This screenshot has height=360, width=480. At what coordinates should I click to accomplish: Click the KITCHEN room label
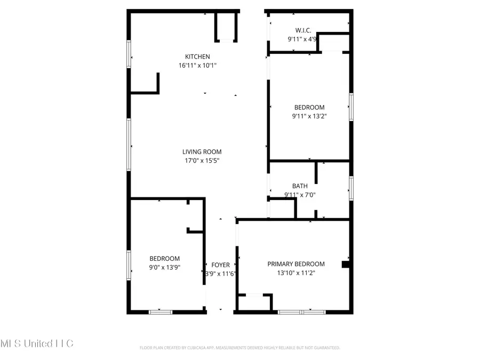click(197, 57)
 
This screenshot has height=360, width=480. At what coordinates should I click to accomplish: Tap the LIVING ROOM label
click(202, 151)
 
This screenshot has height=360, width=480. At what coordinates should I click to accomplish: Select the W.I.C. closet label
click(303, 30)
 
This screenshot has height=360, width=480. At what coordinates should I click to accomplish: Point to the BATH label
click(300, 186)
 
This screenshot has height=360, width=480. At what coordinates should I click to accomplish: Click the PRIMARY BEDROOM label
click(296, 264)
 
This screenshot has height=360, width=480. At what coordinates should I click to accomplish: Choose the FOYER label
click(221, 265)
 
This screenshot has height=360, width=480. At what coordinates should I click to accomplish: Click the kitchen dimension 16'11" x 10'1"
click(198, 66)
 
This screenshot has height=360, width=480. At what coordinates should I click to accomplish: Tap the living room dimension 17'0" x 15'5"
click(202, 161)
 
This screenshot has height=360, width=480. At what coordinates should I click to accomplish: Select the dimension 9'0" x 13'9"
click(164, 268)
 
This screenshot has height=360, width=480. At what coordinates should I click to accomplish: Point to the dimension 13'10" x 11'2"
click(296, 273)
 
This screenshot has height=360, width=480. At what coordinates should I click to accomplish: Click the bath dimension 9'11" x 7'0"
click(300, 195)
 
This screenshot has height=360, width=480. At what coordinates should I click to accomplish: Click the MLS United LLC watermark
click(37, 343)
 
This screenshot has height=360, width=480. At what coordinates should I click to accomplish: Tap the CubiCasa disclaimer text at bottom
click(239, 348)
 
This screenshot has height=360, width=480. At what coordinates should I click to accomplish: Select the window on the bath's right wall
click(351, 188)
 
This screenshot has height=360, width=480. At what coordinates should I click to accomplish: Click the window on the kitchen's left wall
click(129, 54)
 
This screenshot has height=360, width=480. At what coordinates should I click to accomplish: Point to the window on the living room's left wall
click(129, 144)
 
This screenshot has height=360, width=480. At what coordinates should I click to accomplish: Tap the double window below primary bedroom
click(301, 311)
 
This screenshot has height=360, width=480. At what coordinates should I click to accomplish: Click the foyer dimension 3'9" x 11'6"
click(221, 274)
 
